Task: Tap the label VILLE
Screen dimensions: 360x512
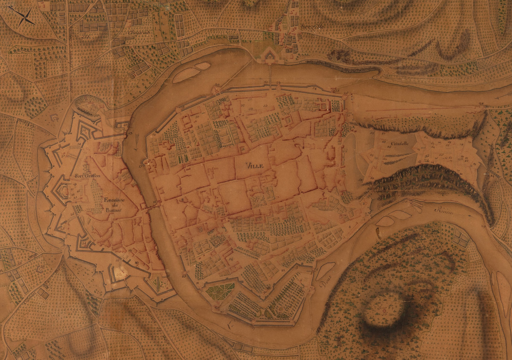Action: coord(255,165)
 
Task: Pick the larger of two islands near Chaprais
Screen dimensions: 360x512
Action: coord(186,75)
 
